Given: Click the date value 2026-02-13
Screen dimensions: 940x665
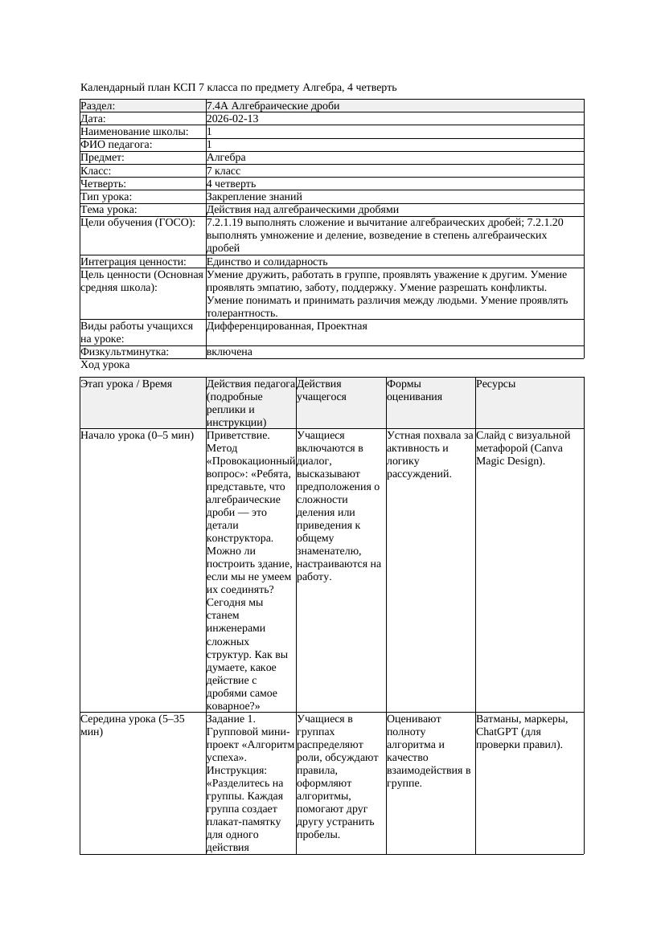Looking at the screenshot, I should coord(232,119).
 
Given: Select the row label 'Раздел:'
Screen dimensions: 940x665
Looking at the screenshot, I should coord(98,106).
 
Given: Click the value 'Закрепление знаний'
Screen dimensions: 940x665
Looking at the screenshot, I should coord(254,196).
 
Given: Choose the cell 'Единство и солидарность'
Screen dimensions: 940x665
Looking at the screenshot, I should coord(267,262).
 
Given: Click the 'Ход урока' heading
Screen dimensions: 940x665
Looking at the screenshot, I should coord(105,365).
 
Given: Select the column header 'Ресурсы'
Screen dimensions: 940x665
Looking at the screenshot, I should coord(496,384).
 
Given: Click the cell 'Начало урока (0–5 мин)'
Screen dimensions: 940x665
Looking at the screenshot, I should coord(138,435).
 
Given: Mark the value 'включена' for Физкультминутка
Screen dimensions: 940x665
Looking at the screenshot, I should coord(229,352).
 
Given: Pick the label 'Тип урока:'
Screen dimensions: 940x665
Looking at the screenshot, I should coord(106,196).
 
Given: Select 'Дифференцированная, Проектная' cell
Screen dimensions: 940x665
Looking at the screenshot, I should coord(286,326).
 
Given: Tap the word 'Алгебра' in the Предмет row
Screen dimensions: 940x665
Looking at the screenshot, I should coord(226,157).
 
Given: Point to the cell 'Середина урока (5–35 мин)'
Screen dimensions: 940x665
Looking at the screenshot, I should coord(133,725).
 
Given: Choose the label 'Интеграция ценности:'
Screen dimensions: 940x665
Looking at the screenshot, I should coord(133,262).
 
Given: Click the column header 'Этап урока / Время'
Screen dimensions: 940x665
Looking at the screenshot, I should coord(126,384).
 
